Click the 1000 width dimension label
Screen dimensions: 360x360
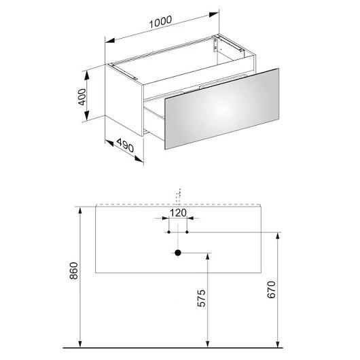click(160, 22)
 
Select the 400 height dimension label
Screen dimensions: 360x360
click(82, 97)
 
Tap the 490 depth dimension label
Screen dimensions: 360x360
click(125, 145)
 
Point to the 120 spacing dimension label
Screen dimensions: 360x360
click(178, 213)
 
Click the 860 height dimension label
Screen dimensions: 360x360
click(74, 271)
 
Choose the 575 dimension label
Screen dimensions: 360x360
click(202, 298)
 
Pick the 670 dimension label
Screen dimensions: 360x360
click(271, 290)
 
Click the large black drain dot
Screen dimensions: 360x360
click(178, 253)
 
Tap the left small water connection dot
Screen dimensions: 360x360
click(168, 232)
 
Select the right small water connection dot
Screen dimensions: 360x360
click(187, 232)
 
